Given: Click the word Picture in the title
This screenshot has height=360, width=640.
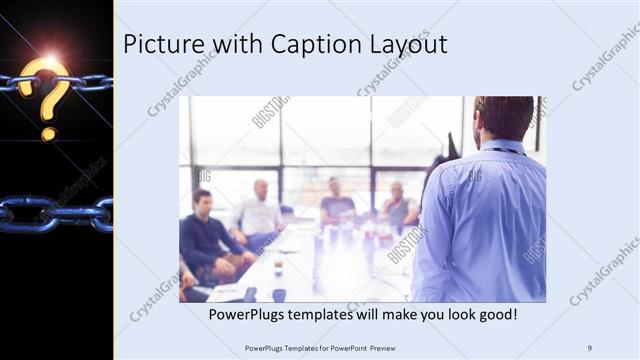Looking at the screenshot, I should [158, 45].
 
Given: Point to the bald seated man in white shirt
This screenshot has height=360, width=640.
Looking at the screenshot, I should [259, 210].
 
